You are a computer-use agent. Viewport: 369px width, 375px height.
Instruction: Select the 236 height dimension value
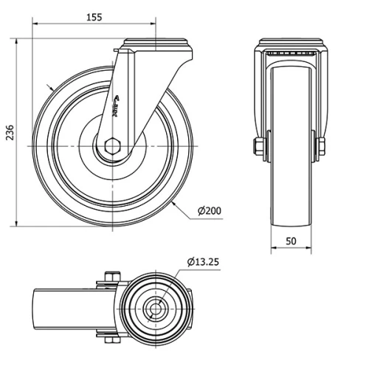point(10,132)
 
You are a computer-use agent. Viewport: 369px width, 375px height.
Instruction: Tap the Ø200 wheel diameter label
point(210,212)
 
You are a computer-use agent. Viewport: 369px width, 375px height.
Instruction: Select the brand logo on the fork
point(123,109)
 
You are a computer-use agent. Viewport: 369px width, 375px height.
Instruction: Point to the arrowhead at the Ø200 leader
point(173,199)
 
